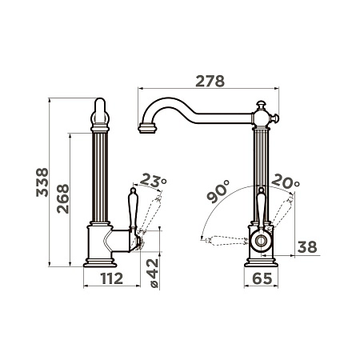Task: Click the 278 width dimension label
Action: pyautogui.click(x=210, y=82)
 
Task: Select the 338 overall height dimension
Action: pyautogui.click(x=42, y=182)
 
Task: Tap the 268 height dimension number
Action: pyautogui.click(x=63, y=198)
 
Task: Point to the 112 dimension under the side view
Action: pyautogui.click(x=112, y=278)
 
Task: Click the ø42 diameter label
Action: pyautogui.click(x=154, y=274)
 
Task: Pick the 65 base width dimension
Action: pyautogui.click(x=262, y=278)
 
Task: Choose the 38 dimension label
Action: pyautogui.click(x=307, y=247)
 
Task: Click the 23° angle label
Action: pyautogui.click(x=153, y=180)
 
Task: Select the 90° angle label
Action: pyautogui.click(x=218, y=191)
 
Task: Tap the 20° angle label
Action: pyautogui.click(x=286, y=181)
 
